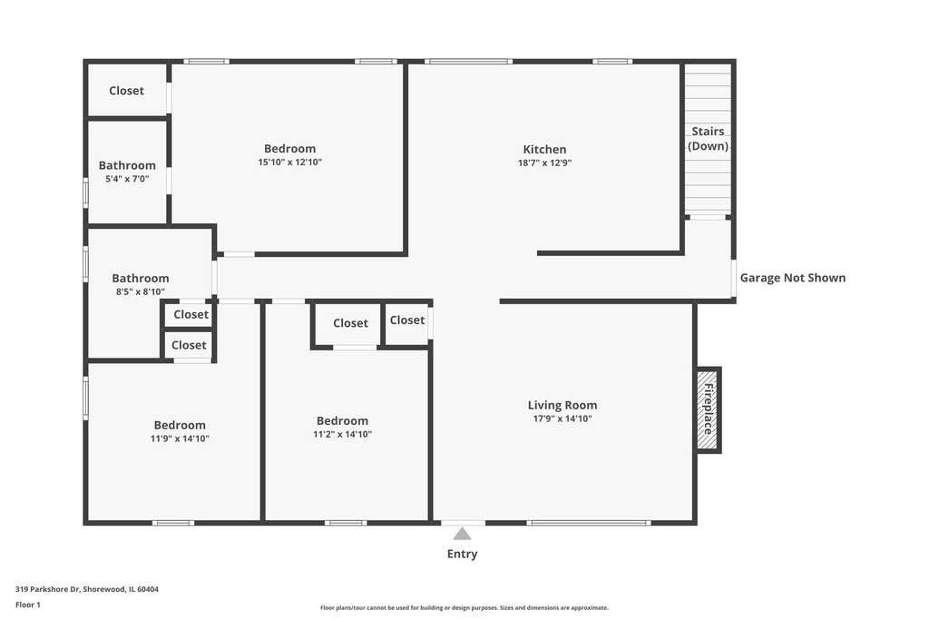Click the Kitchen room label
(x=544, y=150)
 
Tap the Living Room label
(x=562, y=405)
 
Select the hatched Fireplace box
(x=708, y=410)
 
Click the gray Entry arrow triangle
(x=462, y=534)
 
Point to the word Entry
(x=462, y=554)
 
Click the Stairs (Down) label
(x=708, y=139)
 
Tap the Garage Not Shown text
(x=793, y=278)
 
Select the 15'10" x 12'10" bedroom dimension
(x=289, y=162)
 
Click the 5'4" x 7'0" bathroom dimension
(x=127, y=179)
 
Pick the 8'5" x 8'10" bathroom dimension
(x=141, y=291)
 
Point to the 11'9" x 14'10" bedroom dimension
(x=180, y=438)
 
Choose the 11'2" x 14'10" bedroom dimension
(x=342, y=434)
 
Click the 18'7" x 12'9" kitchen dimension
(x=544, y=162)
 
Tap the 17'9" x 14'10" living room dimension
(x=562, y=418)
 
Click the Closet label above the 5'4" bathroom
(x=126, y=91)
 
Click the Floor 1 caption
(x=28, y=605)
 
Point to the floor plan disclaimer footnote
(x=464, y=607)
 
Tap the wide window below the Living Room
(x=589, y=523)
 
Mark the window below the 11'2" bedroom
(x=346, y=523)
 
